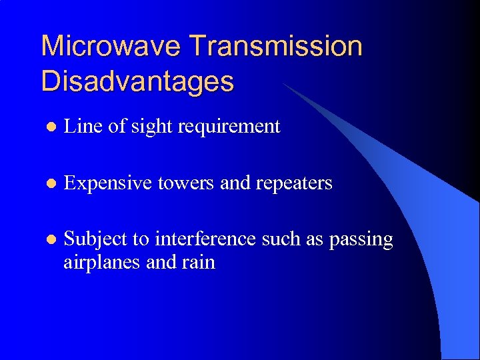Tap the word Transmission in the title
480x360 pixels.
tap(276, 47)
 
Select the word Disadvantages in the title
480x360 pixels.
tap(137, 81)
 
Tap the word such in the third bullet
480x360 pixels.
tap(280, 239)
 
